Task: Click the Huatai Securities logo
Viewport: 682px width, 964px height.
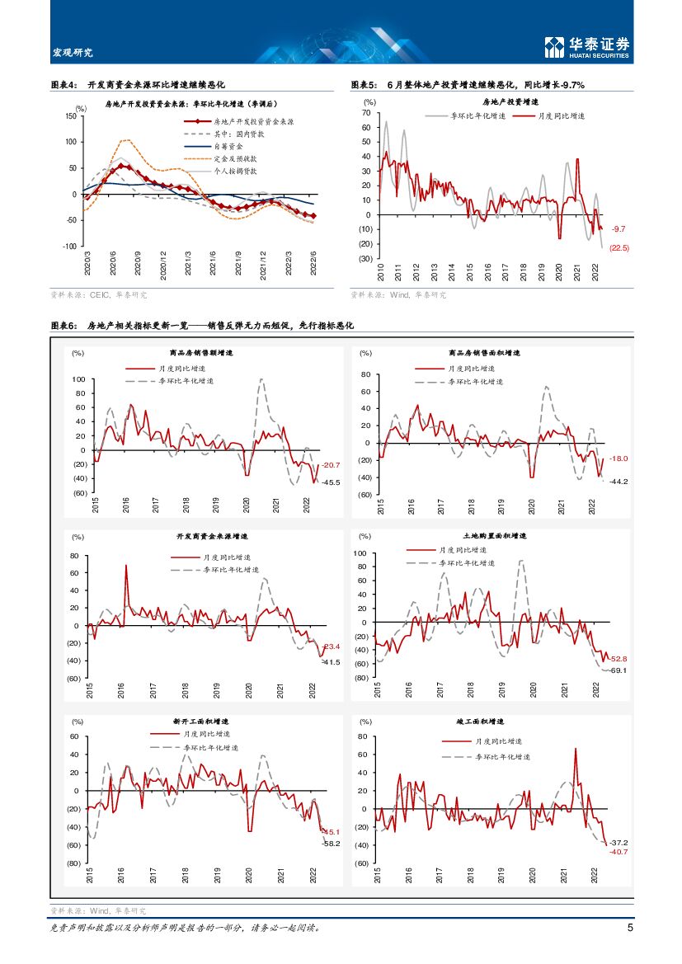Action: pyautogui.click(x=588, y=47)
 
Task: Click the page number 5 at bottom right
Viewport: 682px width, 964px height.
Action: pyautogui.click(x=630, y=928)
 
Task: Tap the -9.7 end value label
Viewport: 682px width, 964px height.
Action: pyautogui.click(x=619, y=228)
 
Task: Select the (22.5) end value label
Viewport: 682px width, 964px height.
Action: pyautogui.click(x=619, y=247)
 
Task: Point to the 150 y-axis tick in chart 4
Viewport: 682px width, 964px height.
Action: pyautogui.click(x=70, y=116)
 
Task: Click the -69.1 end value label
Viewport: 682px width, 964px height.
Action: pyautogui.click(x=619, y=671)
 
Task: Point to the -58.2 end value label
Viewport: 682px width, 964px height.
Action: pyautogui.click(x=331, y=844)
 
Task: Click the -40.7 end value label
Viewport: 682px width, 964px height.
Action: pyautogui.click(x=619, y=852)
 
